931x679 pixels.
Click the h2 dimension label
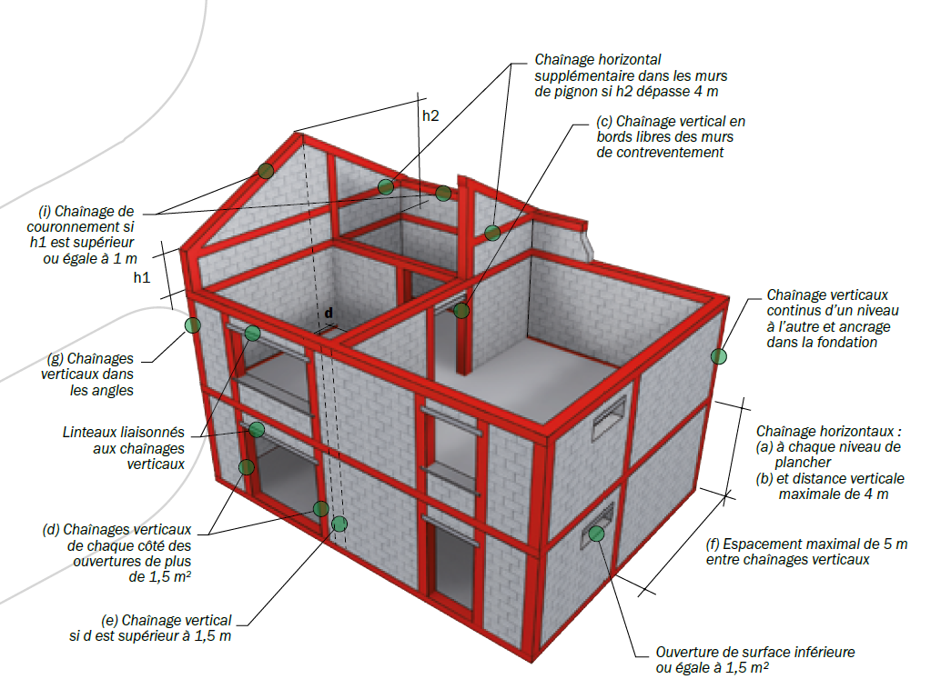pos(430,116)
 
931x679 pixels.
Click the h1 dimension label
pos(141,277)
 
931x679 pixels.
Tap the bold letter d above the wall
pos(329,313)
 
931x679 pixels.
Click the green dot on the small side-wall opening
pos(596,534)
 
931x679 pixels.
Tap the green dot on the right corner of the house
pos(719,356)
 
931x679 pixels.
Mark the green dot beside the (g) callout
pos(192,325)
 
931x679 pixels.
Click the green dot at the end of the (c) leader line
pos(461,311)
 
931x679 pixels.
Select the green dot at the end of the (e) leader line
pos(339,524)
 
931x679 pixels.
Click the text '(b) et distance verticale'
pos(829,479)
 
